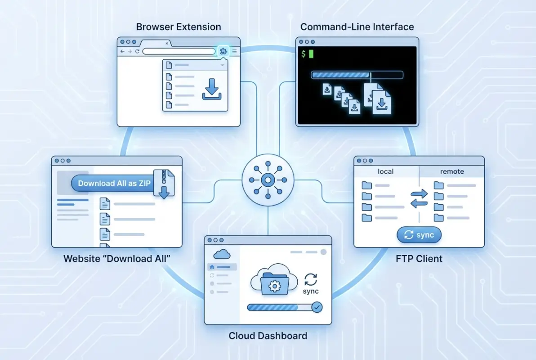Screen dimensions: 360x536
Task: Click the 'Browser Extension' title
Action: [179, 27]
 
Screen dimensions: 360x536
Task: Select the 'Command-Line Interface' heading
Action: [357, 27]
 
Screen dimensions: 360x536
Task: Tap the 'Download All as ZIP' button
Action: [114, 183]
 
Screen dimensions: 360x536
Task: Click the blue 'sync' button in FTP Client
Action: [419, 235]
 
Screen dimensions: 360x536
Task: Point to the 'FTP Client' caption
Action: [419, 259]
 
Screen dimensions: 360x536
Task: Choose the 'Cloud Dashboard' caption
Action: [268, 336]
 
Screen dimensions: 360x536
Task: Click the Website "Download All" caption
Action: [117, 259]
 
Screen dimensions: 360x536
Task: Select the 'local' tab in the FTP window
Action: [386, 171]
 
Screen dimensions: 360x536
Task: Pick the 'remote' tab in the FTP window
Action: [452, 171]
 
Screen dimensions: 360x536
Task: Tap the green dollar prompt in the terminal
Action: [304, 54]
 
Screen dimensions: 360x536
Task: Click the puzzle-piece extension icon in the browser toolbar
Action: [223, 51]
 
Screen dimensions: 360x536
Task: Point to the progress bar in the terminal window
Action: [357, 75]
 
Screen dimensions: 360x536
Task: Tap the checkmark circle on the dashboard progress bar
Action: [317, 307]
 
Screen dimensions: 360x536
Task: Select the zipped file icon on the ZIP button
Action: [163, 184]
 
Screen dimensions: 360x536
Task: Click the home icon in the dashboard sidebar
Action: [212, 267]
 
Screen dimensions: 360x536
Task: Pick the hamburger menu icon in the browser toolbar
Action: [234, 51]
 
